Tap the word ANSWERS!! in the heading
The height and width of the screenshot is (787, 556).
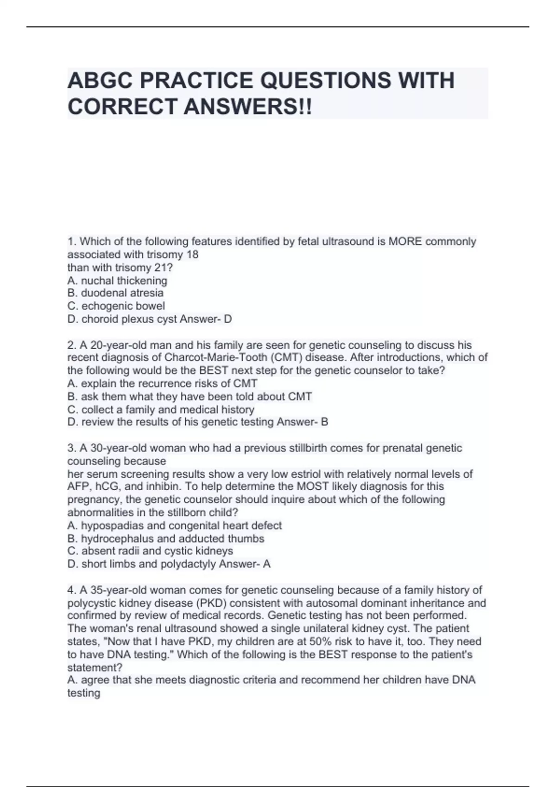248,107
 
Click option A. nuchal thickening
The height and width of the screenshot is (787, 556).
117,281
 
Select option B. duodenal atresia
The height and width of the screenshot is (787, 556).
115,293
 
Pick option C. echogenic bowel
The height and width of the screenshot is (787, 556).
116,306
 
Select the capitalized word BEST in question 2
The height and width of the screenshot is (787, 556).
214,371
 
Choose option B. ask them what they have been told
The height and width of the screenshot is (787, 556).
190,397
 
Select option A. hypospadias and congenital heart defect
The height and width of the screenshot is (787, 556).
174,526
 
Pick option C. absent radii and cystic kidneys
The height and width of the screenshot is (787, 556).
150,551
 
